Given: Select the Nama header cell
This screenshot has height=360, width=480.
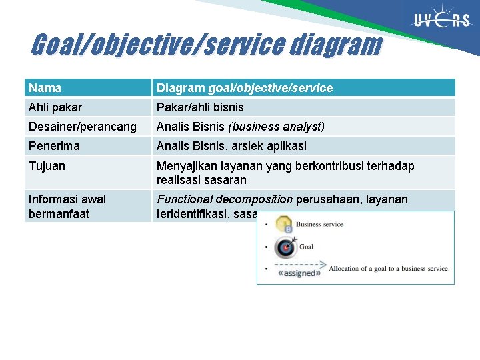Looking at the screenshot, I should coord(45,88).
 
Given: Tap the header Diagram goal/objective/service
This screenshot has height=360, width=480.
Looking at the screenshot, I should coord(244,88).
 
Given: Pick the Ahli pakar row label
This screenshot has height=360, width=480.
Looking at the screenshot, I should coord(55,107).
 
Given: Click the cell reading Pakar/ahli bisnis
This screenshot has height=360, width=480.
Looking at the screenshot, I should coord(200,107).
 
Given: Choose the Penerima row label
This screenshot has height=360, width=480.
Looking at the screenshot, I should coord(54,146).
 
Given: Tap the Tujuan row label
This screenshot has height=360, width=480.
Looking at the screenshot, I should coord(47,166).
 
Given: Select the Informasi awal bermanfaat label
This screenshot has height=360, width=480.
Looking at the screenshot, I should coord(67,206).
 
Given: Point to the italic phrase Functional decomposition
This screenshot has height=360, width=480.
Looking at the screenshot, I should coord(225,199).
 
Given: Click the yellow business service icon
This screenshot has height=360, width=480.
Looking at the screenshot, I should coord(285,225).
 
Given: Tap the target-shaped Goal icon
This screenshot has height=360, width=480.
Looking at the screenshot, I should coord(285,247).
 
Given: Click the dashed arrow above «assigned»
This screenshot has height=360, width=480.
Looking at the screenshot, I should coord(302,263).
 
